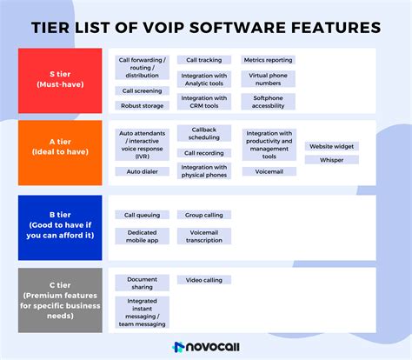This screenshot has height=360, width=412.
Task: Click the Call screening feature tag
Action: tap(142, 90)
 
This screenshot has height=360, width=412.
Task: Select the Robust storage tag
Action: tap(142, 105)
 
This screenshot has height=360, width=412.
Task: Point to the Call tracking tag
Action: tap(203, 61)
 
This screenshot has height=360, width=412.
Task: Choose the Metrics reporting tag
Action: tap(268, 61)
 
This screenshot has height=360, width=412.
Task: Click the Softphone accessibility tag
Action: tap(268, 102)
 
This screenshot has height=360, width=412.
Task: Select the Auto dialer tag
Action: tap(142, 171)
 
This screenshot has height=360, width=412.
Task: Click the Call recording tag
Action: tap(203, 153)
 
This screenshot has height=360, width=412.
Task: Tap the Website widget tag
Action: tap(331, 146)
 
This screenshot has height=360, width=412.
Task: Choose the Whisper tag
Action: tap(331, 160)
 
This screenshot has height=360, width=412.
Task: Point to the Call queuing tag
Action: tap(142, 214)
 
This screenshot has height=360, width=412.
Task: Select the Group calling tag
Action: tap(203, 214)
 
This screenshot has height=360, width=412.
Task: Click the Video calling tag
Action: tap(203, 280)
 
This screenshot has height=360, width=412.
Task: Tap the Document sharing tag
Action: tap(142, 283)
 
